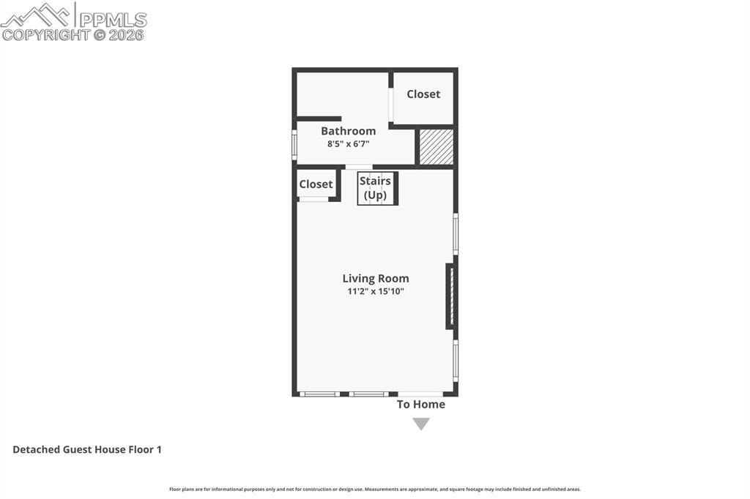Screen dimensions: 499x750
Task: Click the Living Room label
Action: (x=376, y=279)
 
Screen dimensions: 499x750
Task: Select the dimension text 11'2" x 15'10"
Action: (x=376, y=291)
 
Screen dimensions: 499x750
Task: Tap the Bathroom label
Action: (x=348, y=131)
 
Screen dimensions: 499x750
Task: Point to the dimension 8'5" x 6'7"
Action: (x=348, y=143)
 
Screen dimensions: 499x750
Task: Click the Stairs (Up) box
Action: (x=377, y=188)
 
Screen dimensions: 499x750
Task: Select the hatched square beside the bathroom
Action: (x=436, y=147)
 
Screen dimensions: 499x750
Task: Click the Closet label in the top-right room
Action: (x=423, y=94)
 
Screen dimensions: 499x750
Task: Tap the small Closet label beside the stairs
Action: (x=316, y=184)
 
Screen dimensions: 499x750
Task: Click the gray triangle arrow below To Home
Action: (x=420, y=424)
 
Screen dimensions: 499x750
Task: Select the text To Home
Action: (x=420, y=404)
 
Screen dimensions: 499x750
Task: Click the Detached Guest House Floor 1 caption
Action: (x=87, y=449)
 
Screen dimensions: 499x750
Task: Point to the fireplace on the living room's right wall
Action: (x=451, y=296)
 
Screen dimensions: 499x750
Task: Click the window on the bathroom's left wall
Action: (x=294, y=144)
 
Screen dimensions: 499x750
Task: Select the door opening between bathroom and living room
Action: (x=359, y=167)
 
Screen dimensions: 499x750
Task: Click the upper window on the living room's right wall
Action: (x=456, y=234)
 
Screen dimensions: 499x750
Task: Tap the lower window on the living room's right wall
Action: (x=456, y=360)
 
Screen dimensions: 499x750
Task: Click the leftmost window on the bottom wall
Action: (x=319, y=394)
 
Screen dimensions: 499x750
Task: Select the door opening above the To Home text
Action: (x=420, y=394)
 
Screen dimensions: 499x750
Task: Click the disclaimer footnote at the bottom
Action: (x=375, y=489)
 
